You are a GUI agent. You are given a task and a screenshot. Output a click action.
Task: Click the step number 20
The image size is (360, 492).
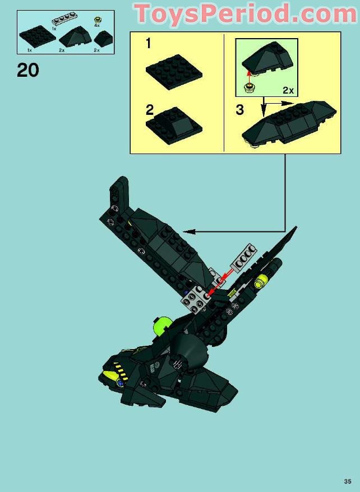[28, 70]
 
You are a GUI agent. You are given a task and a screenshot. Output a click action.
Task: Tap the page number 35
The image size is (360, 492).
[348, 481]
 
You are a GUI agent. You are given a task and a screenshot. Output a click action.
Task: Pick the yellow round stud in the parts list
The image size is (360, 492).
[97, 20]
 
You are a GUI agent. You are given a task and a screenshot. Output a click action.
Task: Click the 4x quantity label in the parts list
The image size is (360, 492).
[96, 25]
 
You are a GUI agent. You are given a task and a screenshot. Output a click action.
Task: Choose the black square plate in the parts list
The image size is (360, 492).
[38, 37]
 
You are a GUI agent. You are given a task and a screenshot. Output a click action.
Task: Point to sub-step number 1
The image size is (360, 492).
[149, 43]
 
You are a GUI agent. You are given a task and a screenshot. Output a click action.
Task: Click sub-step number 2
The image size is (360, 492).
[150, 110]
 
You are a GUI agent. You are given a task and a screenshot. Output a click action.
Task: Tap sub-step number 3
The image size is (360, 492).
[240, 110]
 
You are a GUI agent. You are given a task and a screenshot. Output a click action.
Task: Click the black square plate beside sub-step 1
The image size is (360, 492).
[174, 72]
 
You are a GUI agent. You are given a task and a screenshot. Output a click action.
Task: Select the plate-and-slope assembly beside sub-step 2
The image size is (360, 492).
[174, 126]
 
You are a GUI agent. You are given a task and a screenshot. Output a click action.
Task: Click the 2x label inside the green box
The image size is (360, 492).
[288, 90]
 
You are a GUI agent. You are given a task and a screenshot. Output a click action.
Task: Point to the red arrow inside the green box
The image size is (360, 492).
[249, 77]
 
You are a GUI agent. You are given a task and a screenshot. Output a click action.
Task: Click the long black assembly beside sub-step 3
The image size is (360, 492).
[289, 124]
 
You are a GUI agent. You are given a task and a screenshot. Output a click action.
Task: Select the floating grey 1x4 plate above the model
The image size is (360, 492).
[244, 257]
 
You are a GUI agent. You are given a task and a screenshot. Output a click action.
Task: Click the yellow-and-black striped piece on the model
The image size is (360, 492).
[120, 370]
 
